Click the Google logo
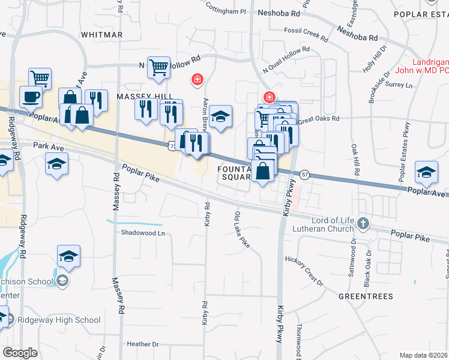20,353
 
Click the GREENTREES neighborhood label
366,296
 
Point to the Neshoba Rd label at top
279,12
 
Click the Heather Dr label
143,344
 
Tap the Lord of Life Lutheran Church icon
363,223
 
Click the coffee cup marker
31,97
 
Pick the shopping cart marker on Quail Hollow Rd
159,68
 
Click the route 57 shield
305,175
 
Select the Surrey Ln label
401,85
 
